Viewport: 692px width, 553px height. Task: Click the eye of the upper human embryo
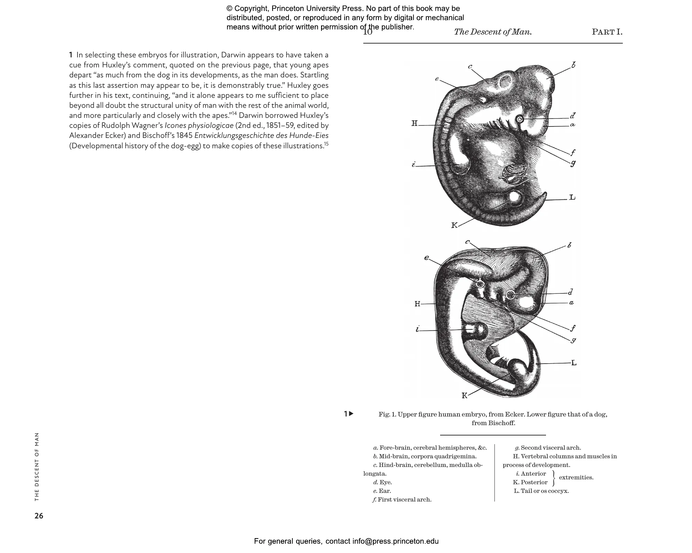point(519,120)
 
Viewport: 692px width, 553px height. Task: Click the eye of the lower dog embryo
point(510,294)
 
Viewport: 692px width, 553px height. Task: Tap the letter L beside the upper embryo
point(572,197)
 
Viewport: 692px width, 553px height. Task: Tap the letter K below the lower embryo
point(465,395)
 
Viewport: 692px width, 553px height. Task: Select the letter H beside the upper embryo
point(415,123)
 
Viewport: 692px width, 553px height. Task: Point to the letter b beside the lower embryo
point(569,245)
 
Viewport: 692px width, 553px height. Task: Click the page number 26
point(39,516)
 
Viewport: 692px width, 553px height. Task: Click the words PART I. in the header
point(607,32)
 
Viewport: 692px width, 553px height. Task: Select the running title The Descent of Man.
point(493,32)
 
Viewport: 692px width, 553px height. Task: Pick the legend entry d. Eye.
point(383,482)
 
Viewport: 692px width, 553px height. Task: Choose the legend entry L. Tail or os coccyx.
point(541,491)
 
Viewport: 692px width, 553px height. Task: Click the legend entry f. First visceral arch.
point(402,499)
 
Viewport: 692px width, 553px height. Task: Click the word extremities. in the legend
point(576,477)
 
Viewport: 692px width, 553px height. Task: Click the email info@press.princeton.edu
point(395,541)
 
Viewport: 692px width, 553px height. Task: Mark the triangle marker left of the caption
point(351,413)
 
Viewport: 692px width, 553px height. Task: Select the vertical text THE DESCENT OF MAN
point(37,467)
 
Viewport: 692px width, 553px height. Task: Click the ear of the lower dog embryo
point(480,284)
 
